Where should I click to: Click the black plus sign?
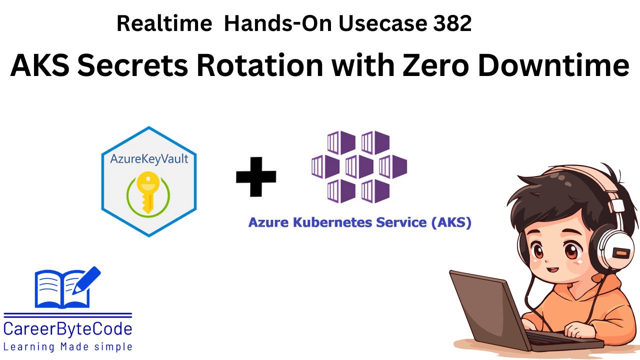click(256, 176)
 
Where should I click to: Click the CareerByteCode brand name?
click(68, 329)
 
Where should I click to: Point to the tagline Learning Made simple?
click(68, 346)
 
